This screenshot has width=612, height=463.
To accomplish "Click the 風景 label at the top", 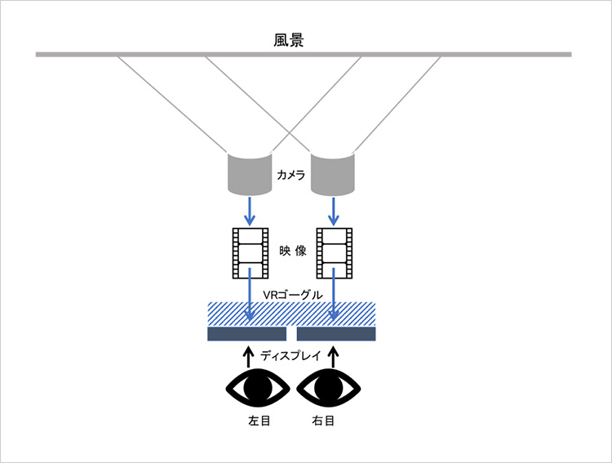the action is pyautogui.click(x=288, y=40).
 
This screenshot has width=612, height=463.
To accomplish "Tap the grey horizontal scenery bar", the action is pyautogui.click(x=304, y=55).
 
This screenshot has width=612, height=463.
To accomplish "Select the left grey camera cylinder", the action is pyautogui.click(x=250, y=174).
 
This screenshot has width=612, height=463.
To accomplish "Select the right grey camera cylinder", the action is pyautogui.click(x=333, y=174).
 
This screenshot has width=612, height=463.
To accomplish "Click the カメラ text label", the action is pyautogui.click(x=290, y=175).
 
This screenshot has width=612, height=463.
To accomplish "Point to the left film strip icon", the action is pyautogui.click(x=251, y=253).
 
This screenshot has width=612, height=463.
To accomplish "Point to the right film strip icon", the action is pyautogui.click(x=335, y=253).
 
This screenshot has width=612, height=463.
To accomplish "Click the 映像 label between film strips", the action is pyautogui.click(x=293, y=251).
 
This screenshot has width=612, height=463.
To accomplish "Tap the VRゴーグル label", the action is pyautogui.click(x=293, y=295).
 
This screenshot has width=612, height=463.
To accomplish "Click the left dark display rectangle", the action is pyautogui.click(x=246, y=334).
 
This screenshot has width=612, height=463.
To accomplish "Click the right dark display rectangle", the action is pyautogui.click(x=336, y=334).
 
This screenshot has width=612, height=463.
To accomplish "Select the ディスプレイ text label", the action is pyautogui.click(x=290, y=356).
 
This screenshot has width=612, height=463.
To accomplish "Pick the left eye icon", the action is pyautogui.click(x=258, y=388).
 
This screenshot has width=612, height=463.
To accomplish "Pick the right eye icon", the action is pyautogui.click(x=329, y=388).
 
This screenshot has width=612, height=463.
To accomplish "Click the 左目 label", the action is pyautogui.click(x=259, y=421).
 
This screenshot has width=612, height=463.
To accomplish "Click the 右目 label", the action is pyautogui.click(x=323, y=421).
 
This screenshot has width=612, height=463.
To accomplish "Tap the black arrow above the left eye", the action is pyautogui.click(x=247, y=356).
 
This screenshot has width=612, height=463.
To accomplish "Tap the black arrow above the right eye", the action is pyautogui.click(x=333, y=356).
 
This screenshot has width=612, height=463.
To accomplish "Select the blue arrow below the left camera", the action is pyautogui.click(x=250, y=211).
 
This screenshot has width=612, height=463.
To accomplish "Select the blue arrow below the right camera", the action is pyautogui.click(x=333, y=211).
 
